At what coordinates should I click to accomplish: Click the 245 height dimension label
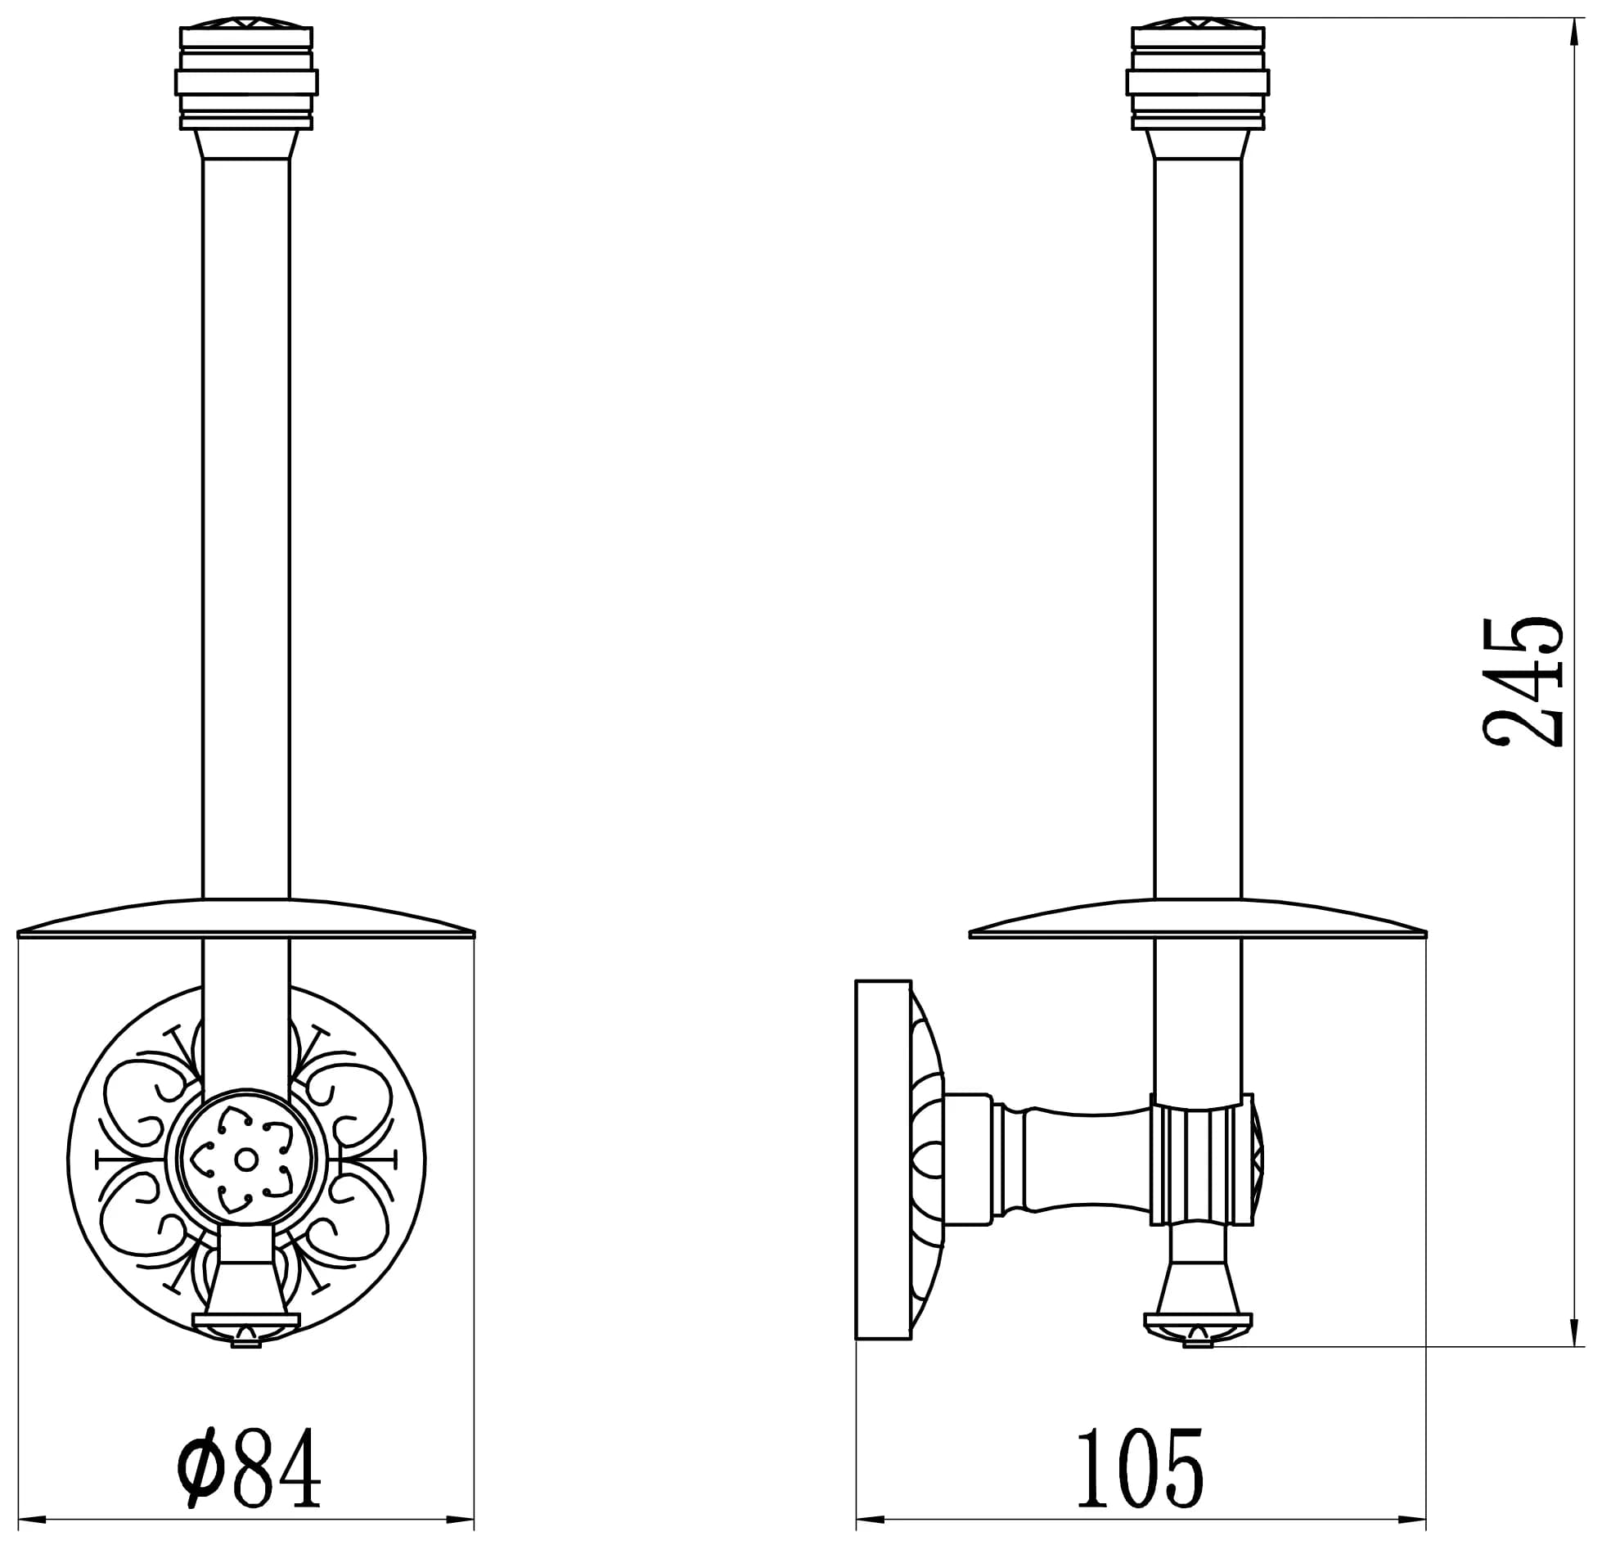click(1523, 682)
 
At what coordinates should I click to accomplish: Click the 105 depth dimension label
click(1141, 1467)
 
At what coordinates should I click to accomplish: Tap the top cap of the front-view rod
click(246, 79)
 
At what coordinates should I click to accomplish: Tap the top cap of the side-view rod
click(1198, 79)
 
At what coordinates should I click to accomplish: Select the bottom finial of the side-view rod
click(1198, 1299)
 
